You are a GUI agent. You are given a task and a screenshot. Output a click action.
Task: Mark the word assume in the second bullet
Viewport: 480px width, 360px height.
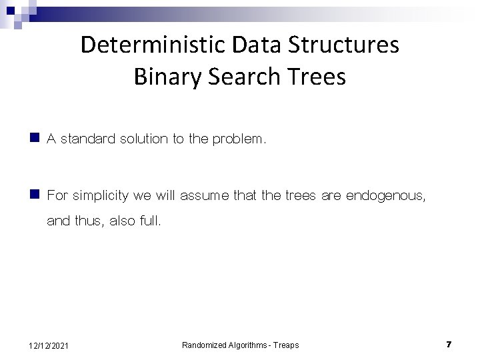coord(201,196)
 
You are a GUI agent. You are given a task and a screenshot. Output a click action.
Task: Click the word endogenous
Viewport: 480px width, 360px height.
coord(381,196)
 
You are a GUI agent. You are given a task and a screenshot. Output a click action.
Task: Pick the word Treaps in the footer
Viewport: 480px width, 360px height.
coord(285,345)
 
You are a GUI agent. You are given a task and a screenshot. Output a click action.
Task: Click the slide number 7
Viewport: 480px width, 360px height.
coord(449,344)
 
